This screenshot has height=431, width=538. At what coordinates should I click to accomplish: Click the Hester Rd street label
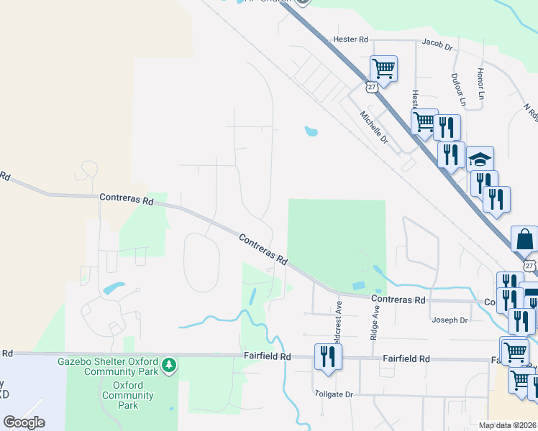[350, 39]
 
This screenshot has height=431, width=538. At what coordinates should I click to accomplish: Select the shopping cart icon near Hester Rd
[383, 69]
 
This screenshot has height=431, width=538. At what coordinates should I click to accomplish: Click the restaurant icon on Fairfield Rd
[328, 356]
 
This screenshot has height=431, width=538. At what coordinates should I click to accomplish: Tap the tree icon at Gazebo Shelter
[168, 366]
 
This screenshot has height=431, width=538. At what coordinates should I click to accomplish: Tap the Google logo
[24, 422]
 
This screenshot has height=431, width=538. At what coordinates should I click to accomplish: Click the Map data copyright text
[508, 425]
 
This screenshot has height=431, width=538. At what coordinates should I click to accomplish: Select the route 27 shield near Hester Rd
[370, 87]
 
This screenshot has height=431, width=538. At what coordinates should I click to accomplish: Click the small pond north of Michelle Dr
[311, 131]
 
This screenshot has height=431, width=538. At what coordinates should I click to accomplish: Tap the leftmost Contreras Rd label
[127, 198]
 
